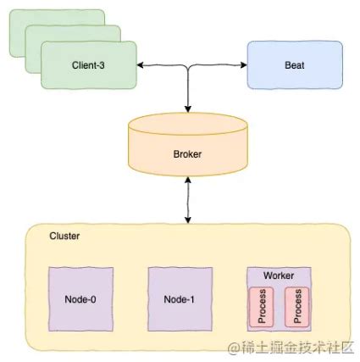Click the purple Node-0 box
[80, 299]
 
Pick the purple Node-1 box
[180, 299]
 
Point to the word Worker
[279, 276]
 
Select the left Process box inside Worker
[261, 307]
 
